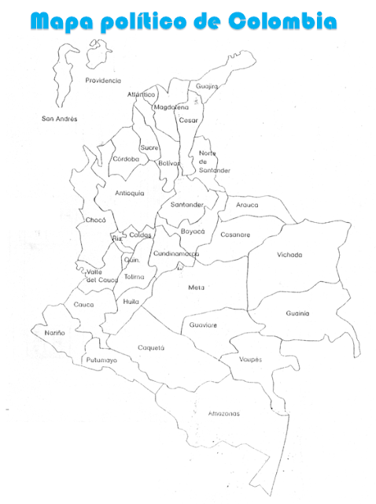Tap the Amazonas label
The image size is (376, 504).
click(x=224, y=413)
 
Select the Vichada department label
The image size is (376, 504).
click(x=289, y=255)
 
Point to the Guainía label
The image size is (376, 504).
click(x=297, y=313)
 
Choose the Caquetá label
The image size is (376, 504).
click(x=151, y=347)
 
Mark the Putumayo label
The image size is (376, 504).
click(x=101, y=360)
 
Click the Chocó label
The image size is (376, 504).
click(x=96, y=220)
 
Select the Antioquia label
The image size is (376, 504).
click(x=130, y=193)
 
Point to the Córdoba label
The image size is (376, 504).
click(x=126, y=158)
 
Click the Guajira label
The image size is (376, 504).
click(x=207, y=86)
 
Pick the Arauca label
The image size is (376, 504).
click(x=247, y=205)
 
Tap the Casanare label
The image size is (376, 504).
click(x=235, y=235)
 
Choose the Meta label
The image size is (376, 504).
click(x=196, y=287)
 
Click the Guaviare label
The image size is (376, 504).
click(x=203, y=324)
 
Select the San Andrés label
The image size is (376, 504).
click(x=60, y=119)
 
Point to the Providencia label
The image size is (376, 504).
click(x=103, y=80)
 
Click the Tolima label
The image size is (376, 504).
click(x=135, y=276)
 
